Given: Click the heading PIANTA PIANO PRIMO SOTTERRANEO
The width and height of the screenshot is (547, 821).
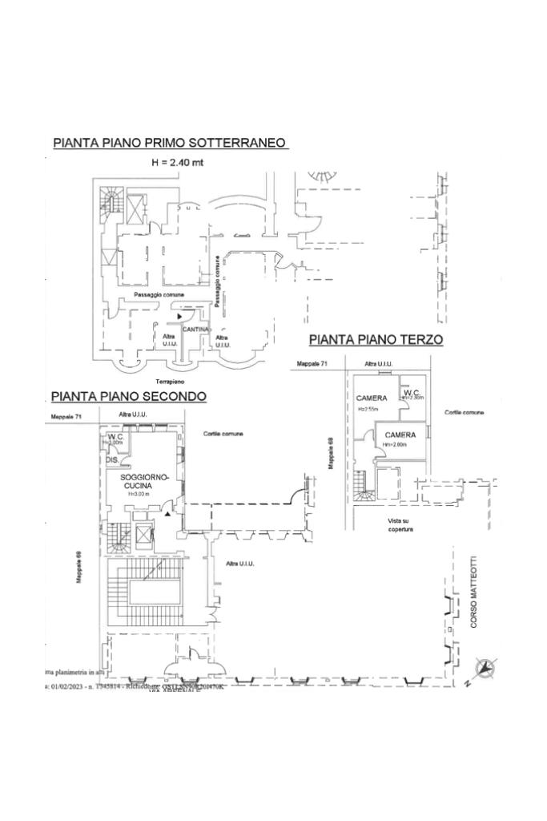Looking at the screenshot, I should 170,144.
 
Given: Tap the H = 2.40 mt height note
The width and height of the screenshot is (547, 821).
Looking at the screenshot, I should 178,162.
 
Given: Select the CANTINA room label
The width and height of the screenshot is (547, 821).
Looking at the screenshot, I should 196,330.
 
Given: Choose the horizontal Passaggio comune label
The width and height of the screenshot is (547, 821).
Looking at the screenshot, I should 159,295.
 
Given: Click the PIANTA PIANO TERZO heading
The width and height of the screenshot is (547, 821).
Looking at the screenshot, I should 376,340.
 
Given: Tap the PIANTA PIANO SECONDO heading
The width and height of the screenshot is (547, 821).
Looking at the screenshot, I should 129,397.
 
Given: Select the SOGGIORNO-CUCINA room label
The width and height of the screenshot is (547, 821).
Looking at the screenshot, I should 146,481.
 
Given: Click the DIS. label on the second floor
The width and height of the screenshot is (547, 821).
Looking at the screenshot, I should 113,461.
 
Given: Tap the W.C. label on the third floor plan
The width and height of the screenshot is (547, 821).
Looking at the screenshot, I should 412,392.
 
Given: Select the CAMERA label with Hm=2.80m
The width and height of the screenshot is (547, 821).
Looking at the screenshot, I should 400,435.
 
